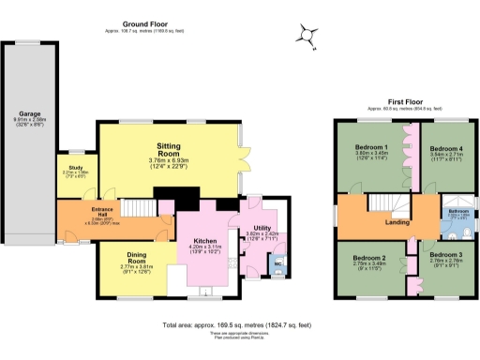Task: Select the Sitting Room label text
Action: click(169, 152)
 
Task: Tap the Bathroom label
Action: click(458, 212)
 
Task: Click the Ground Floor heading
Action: click(144, 25)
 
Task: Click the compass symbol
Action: click(306, 36)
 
